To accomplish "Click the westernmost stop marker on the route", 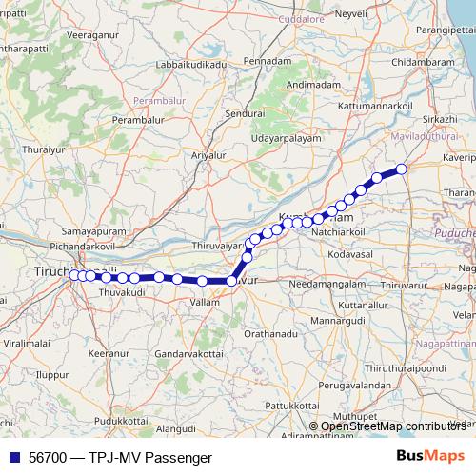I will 73,275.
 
